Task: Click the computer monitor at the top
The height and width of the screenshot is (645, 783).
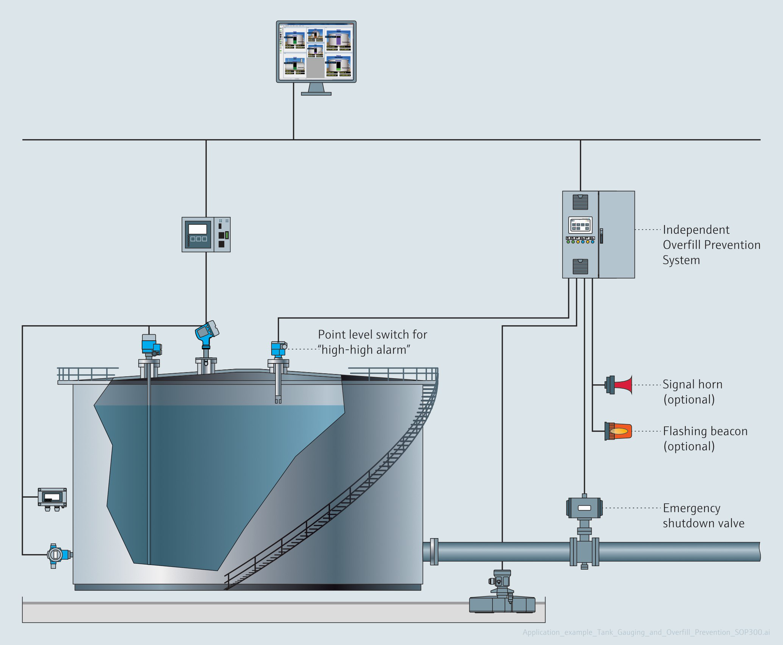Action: [x=316, y=52]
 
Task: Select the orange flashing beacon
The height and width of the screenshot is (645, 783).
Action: [x=618, y=431]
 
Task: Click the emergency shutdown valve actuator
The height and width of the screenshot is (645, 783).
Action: [x=584, y=508]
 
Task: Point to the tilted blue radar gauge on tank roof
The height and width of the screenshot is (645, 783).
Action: [x=207, y=331]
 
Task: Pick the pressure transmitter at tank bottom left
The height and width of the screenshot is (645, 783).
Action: [x=55, y=555]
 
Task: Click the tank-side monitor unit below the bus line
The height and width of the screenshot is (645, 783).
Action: [x=206, y=235]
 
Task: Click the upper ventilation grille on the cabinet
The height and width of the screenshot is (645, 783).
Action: [x=580, y=202]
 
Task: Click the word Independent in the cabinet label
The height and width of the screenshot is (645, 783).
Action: [x=696, y=230]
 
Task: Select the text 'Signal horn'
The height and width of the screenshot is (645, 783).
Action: [x=692, y=384]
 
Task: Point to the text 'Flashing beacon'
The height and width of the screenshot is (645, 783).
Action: [x=705, y=431]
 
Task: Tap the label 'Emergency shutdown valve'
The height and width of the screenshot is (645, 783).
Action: [x=703, y=516]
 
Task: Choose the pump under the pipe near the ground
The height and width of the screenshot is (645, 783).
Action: [x=502, y=596]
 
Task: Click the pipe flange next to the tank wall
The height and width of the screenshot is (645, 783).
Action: [x=434, y=552]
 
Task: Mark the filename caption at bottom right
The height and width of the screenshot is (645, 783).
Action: [x=646, y=632]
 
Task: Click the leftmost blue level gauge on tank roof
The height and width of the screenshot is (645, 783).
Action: [x=149, y=345]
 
